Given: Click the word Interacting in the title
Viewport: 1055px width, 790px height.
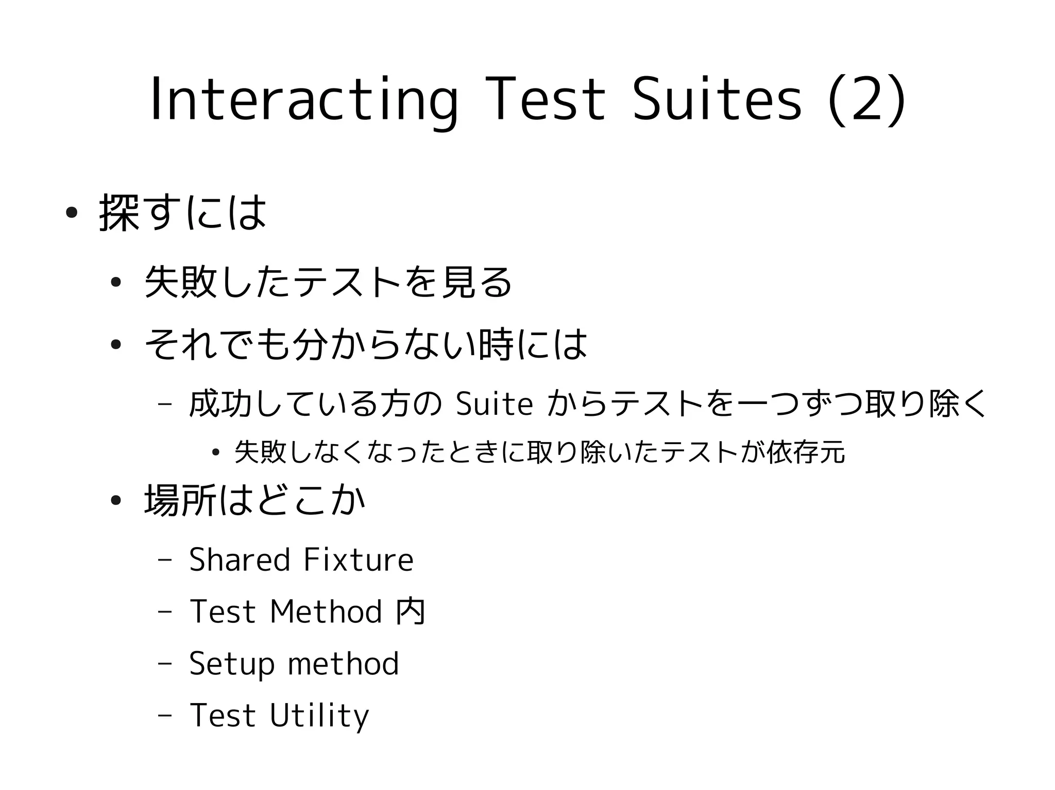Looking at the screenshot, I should tap(303, 100).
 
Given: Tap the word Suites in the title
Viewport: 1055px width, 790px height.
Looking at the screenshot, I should tap(717, 100).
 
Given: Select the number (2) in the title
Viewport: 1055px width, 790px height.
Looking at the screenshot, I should tap(865, 100).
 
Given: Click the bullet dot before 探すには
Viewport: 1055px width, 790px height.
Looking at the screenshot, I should tap(72, 213).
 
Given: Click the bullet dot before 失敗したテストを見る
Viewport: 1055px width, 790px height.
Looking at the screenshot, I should tap(115, 282).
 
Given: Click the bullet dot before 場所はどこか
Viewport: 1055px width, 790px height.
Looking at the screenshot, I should tap(115, 500).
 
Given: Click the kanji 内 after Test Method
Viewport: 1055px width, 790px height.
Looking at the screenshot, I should tap(411, 611).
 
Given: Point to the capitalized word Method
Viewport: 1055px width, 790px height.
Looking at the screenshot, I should tap(326, 611).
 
